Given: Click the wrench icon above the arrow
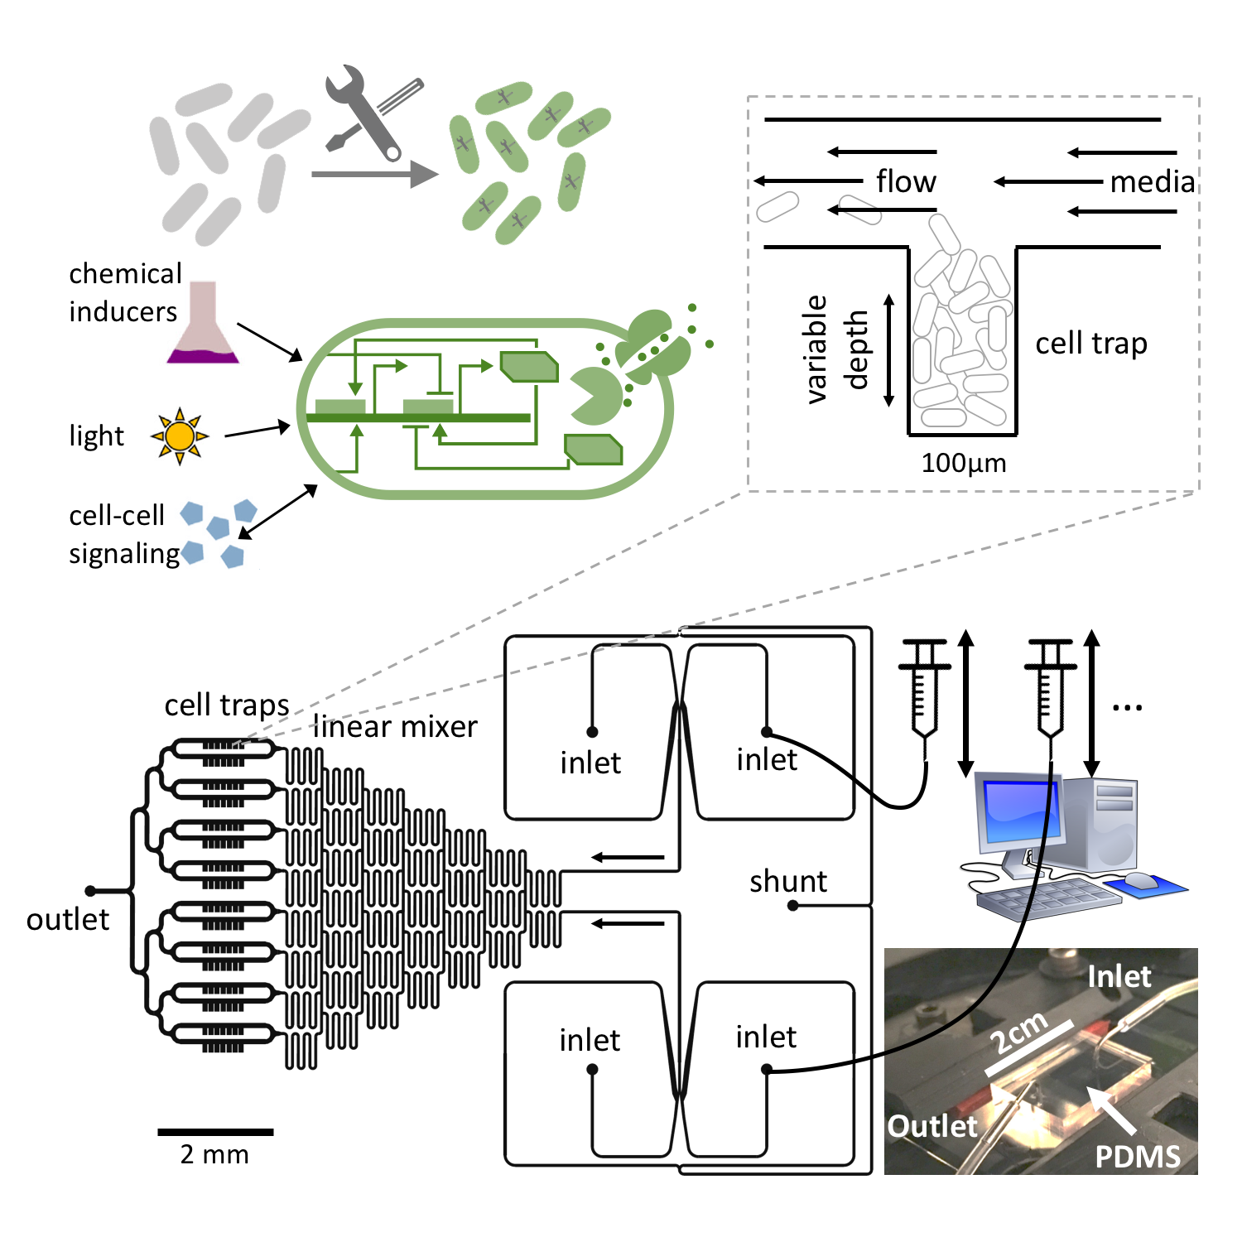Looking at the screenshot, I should (x=363, y=112).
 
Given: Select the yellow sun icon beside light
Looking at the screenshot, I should (x=179, y=436).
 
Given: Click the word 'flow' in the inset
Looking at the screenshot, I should (x=906, y=181).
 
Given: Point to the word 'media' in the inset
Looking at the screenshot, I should (x=1152, y=182).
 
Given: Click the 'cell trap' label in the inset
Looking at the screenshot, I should (x=1090, y=343).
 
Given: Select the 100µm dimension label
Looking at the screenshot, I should (x=964, y=463).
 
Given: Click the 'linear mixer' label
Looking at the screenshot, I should (x=395, y=727).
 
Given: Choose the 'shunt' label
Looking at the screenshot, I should (x=787, y=882).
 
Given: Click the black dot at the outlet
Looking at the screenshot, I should (x=90, y=891).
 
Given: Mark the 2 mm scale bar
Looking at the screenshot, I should (x=215, y=1132).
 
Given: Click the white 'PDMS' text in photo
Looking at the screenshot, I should (x=1137, y=1157).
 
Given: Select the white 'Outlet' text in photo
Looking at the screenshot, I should (x=932, y=1126).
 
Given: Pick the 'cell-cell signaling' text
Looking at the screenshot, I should (x=123, y=534).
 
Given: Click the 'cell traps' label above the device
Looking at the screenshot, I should (x=226, y=705).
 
